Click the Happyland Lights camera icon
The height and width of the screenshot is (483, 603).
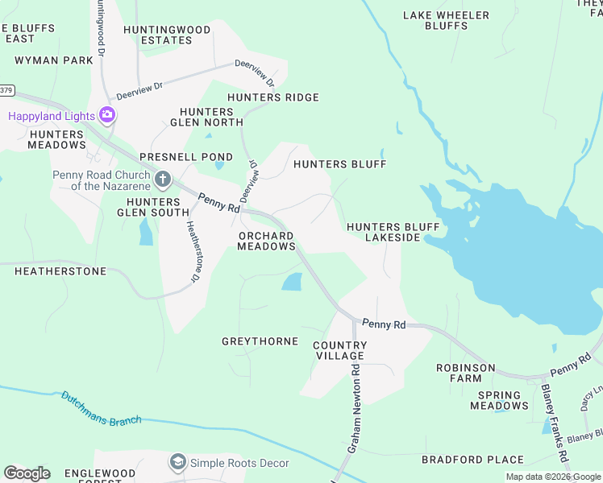[106, 115]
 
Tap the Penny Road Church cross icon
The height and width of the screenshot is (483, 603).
[163, 179]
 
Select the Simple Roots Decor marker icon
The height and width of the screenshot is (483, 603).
[177, 462]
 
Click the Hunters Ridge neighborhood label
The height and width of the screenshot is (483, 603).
[273, 97]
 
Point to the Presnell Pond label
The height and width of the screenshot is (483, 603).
[186, 157]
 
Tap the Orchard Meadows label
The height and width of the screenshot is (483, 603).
[266, 241]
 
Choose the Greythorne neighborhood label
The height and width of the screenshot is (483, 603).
[260, 341]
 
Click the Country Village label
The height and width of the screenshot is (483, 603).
[339, 350]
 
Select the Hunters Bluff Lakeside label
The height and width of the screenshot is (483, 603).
[384, 233]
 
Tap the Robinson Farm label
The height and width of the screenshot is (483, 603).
[465, 373]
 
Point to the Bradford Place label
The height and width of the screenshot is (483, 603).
[472, 460]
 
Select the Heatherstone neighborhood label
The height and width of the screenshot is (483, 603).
[60, 271]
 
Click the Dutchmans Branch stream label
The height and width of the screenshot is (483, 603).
[102, 408]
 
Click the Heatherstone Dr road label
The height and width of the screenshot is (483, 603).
[193, 251]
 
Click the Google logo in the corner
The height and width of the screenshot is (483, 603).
[27, 473]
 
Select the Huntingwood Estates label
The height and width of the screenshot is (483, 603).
[167, 35]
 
